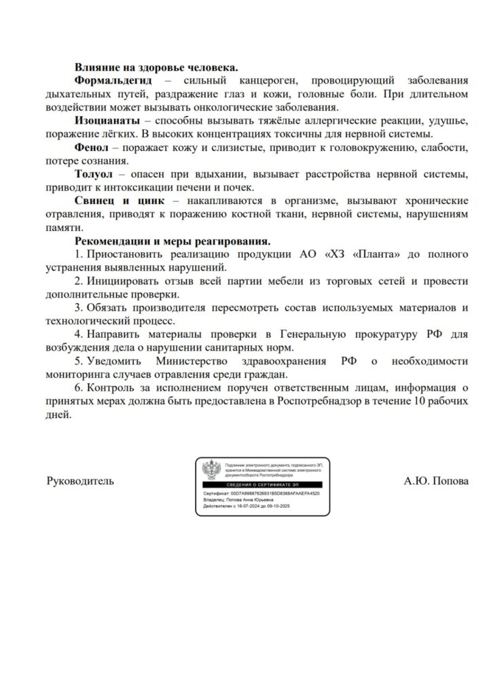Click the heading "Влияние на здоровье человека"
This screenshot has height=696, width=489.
point(156,67)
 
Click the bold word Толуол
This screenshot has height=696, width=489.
point(94,174)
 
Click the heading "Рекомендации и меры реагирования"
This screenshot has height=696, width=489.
point(173,241)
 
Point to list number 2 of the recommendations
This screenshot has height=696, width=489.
point(78,281)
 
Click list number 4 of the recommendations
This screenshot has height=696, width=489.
point(78,334)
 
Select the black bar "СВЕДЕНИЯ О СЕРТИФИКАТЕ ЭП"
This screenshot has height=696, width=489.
point(264,483)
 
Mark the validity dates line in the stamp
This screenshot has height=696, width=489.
point(251,506)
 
